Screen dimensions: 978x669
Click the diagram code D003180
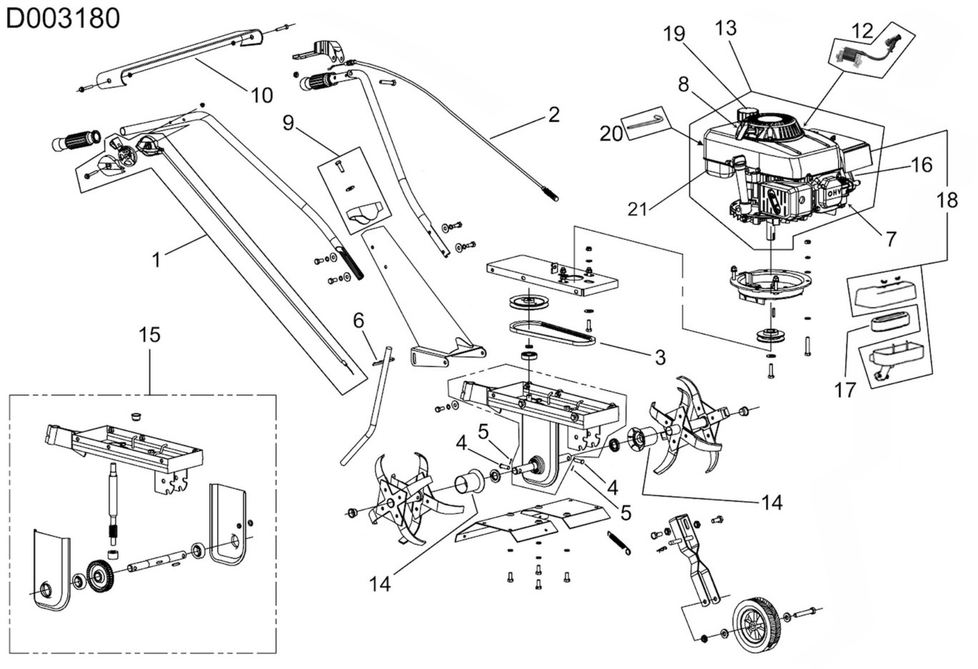coord(63,19)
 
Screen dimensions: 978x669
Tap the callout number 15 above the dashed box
coord(150,335)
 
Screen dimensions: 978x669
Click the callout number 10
coord(262,95)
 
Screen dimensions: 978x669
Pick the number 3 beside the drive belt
coord(660,357)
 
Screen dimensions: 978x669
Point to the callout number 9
coord(288,123)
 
